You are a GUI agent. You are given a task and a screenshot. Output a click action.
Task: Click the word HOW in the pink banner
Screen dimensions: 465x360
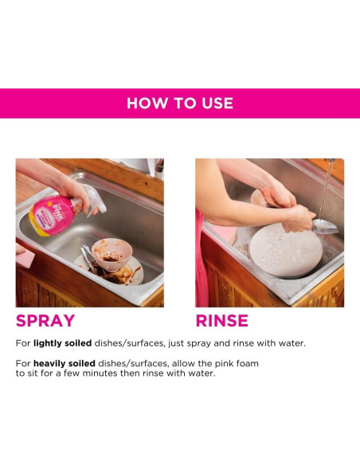pos(145,104)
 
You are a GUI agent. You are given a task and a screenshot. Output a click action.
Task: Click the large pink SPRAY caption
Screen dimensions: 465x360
pos(45,321)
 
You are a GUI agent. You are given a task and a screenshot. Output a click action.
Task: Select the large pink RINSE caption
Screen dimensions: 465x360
pos(222,321)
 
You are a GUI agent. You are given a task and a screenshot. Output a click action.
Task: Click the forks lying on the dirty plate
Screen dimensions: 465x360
pos(88,259)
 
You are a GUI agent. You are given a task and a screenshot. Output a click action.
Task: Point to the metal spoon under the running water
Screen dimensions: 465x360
pos(324,225)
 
